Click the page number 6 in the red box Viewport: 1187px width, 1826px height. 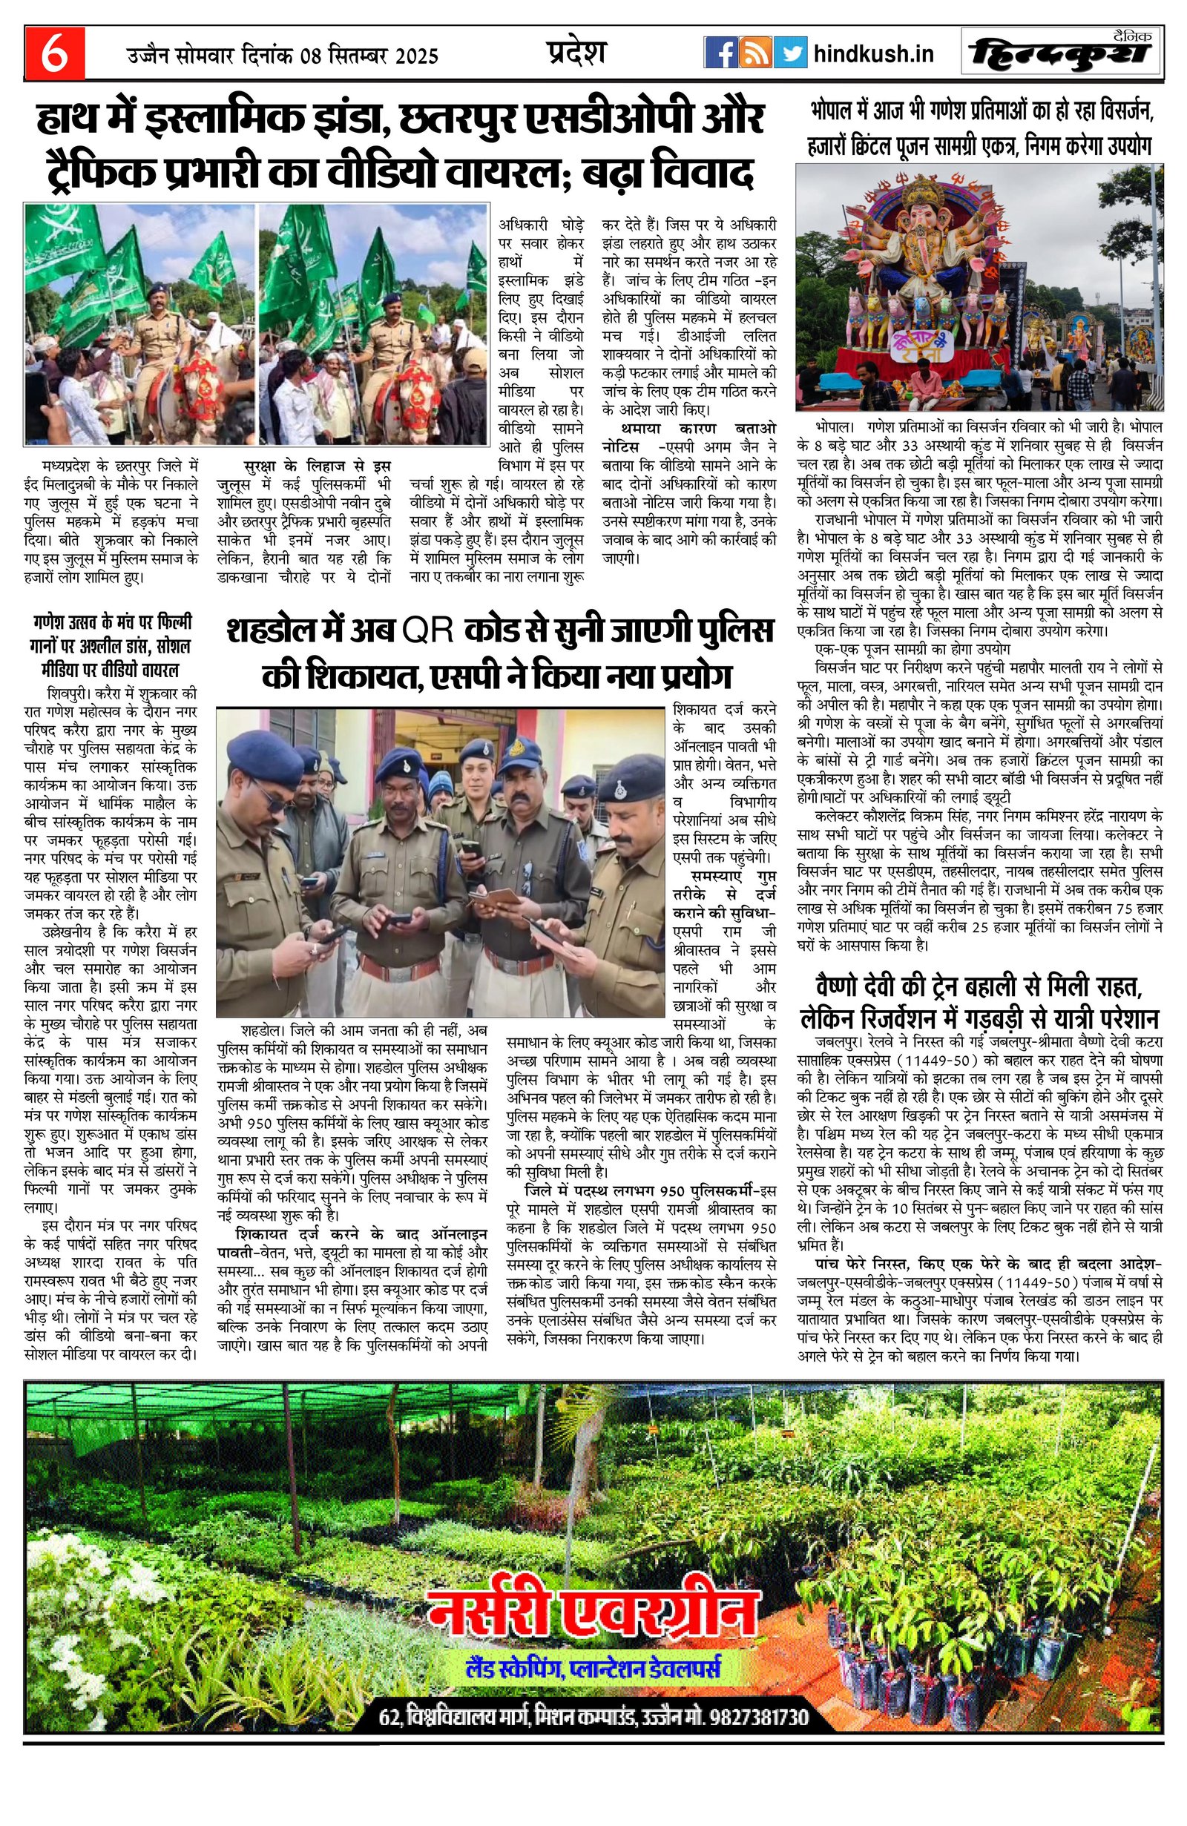click(x=53, y=54)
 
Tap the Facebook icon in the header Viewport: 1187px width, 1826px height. click(x=720, y=53)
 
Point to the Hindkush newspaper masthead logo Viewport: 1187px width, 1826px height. click(x=1060, y=53)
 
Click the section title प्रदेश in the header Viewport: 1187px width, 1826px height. click(x=576, y=53)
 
